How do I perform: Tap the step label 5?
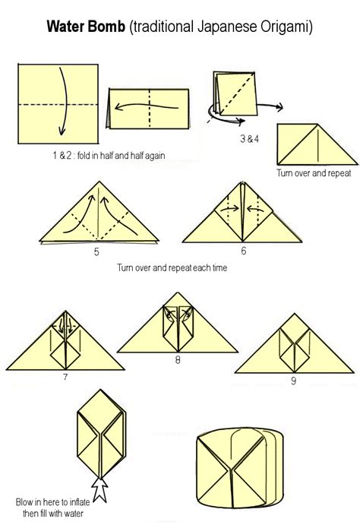(x=96, y=251)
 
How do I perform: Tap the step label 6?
(x=243, y=250)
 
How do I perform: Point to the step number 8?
(x=177, y=359)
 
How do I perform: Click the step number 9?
(x=293, y=381)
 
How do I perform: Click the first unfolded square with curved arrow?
(x=57, y=104)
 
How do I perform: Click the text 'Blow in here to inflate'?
(x=52, y=501)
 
